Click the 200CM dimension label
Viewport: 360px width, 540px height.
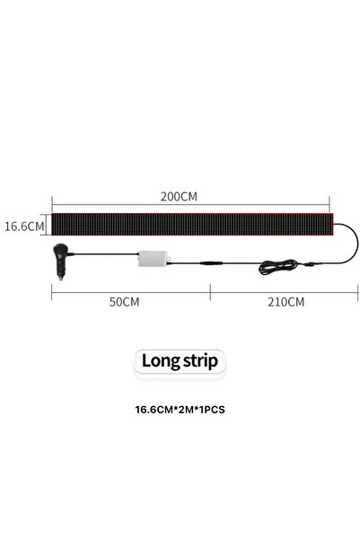tap(179, 197)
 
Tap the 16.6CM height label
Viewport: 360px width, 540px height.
tap(24, 226)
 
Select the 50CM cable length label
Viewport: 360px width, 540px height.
tap(124, 302)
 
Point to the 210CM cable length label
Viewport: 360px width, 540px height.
tap(286, 302)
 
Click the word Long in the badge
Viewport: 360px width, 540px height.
tap(161, 361)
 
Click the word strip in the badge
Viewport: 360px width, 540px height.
tap(200, 361)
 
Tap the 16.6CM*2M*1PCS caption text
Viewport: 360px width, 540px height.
tap(180, 410)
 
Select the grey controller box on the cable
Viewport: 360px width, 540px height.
tap(154, 259)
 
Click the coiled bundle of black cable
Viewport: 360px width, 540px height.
tap(277, 267)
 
